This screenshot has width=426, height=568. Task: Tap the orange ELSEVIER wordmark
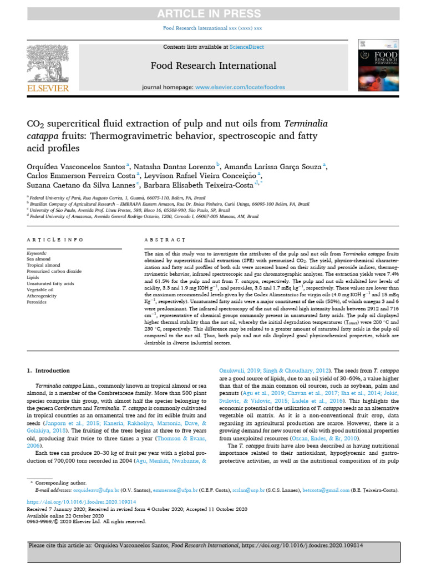pos(48,88)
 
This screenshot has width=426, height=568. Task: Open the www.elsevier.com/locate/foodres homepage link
pos(240,87)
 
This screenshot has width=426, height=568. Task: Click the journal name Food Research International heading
pos(213,66)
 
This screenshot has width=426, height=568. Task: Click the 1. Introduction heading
pos(49,371)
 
